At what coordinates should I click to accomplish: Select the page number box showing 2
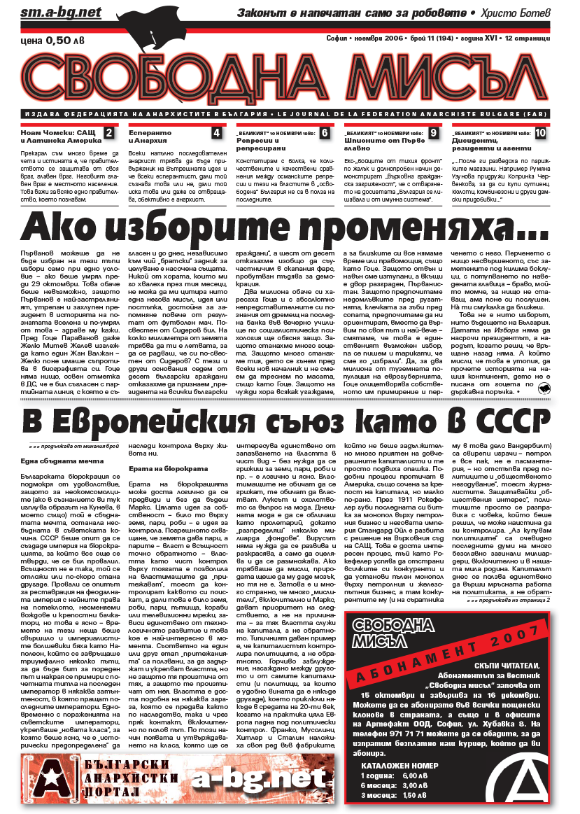click(x=108, y=133)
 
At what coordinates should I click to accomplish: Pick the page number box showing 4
click(x=217, y=133)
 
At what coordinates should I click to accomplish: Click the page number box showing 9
click(x=434, y=133)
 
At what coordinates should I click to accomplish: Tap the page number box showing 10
click(x=540, y=133)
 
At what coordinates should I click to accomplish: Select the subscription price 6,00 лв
click(x=413, y=776)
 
